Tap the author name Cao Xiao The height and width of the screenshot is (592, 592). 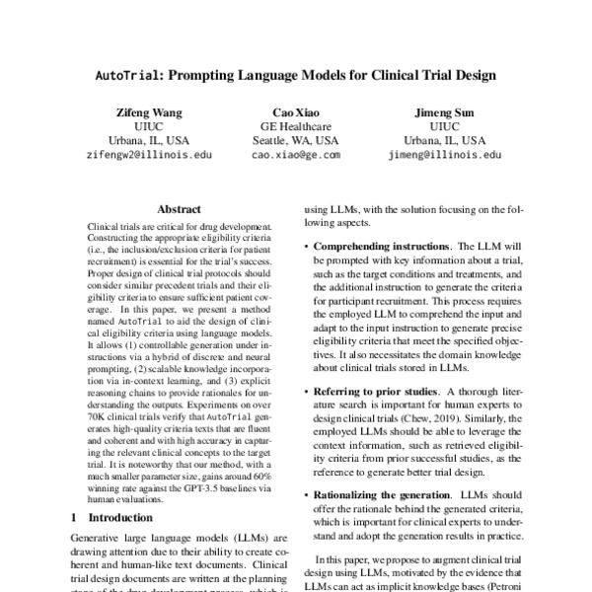click(x=296, y=112)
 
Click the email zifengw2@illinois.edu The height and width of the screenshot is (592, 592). click(x=148, y=155)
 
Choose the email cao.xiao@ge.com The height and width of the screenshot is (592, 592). click(x=296, y=155)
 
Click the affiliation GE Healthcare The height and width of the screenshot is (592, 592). click(x=296, y=126)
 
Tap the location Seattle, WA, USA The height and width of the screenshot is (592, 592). click(x=296, y=141)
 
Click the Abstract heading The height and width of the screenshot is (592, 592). click(x=180, y=210)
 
